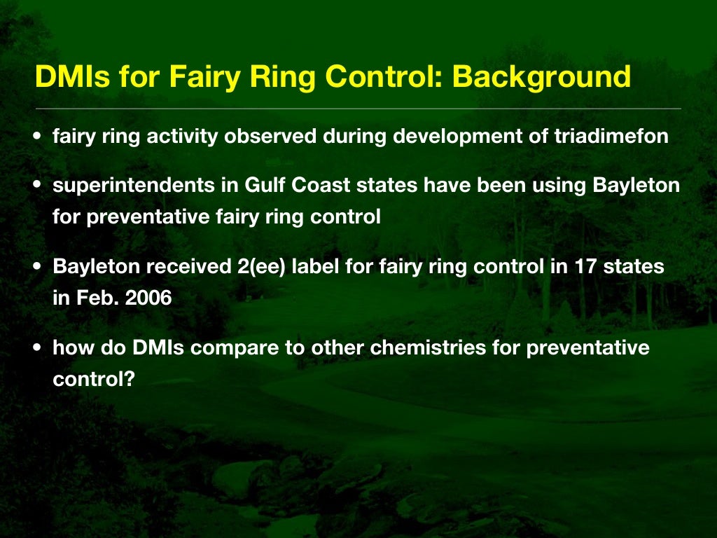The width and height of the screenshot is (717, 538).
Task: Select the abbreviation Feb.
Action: point(92,298)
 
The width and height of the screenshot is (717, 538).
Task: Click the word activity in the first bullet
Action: point(179,137)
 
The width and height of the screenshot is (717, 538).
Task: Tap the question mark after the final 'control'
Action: point(128,378)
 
